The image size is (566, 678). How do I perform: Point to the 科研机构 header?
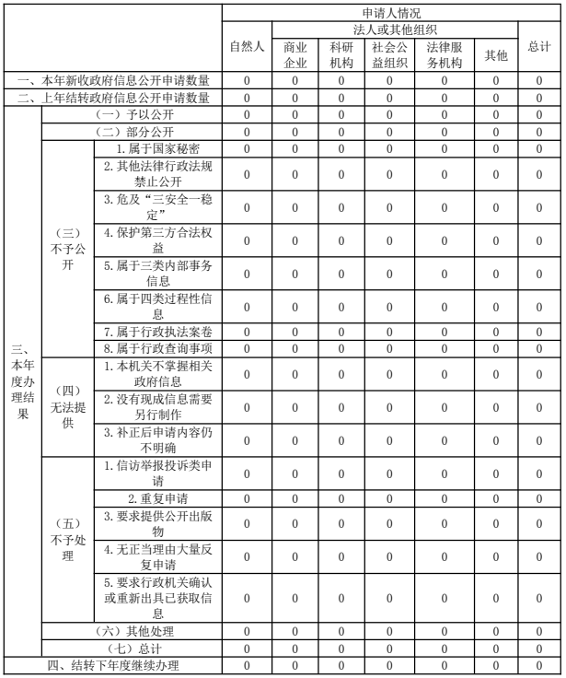pyautogui.click(x=341, y=55)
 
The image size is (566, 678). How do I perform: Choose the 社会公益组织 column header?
pyautogui.click(x=390, y=55)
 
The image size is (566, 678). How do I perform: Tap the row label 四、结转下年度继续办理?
pyautogui.click(x=112, y=664)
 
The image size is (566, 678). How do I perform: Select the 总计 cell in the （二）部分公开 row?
pyautogui.click(x=540, y=130)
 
